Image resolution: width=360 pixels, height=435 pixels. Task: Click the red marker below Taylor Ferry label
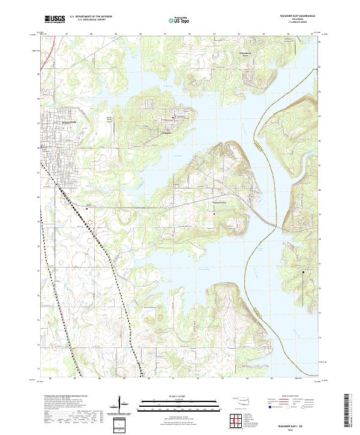click(x=214, y=211)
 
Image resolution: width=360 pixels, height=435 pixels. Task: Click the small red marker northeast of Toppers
click(x=174, y=116)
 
